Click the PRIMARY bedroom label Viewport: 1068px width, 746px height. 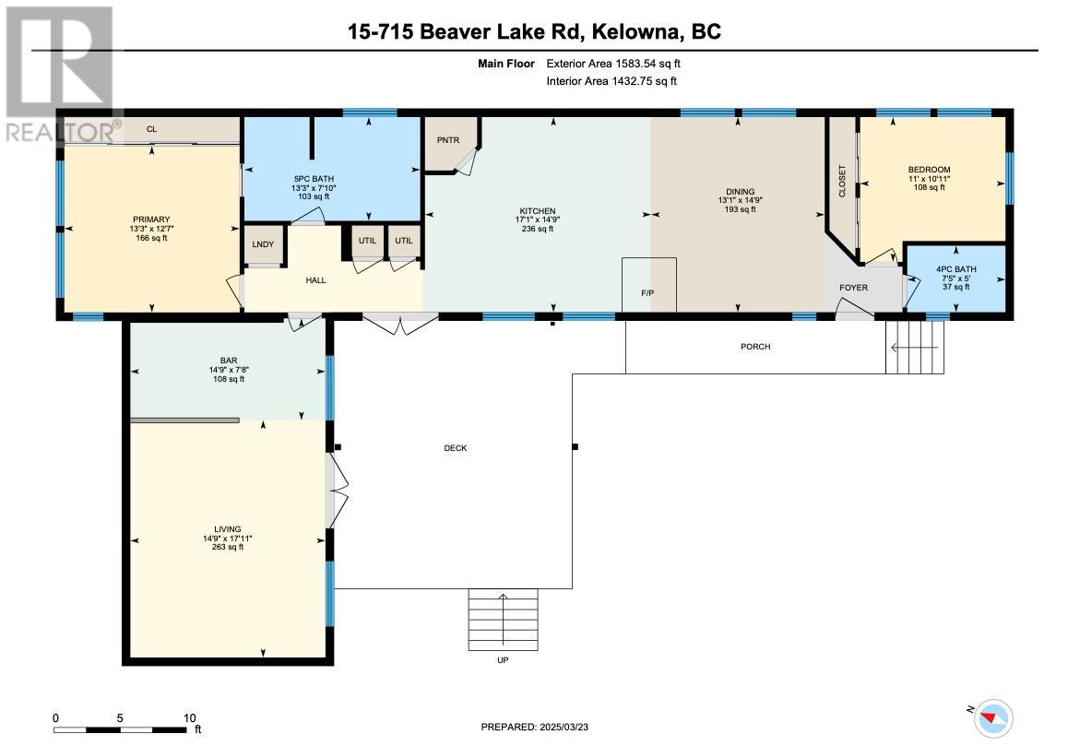tap(151, 219)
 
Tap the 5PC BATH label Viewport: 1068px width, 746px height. tap(314, 179)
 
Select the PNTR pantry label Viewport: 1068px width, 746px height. tap(448, 140)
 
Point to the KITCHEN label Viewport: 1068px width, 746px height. tap(538, 211)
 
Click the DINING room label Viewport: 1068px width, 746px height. tap(741, 192)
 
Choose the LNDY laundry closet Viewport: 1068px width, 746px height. tap(263, 244)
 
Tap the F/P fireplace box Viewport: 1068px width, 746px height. tap(649, 285)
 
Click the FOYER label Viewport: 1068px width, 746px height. tap(853, 288)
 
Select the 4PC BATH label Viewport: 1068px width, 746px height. tap(956, 269)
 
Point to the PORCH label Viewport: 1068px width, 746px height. tap(755, 347)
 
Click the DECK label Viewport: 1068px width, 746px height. tap(456, 448)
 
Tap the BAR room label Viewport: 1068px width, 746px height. tap(229, 361)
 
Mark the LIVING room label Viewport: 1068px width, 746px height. tap(228, 529)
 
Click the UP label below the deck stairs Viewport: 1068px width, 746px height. tap(503, 660)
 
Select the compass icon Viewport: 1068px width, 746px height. tap(994, 718)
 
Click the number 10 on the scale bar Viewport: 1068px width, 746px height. tap(189, 718)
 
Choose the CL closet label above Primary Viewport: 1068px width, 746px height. tap(151, 129)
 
